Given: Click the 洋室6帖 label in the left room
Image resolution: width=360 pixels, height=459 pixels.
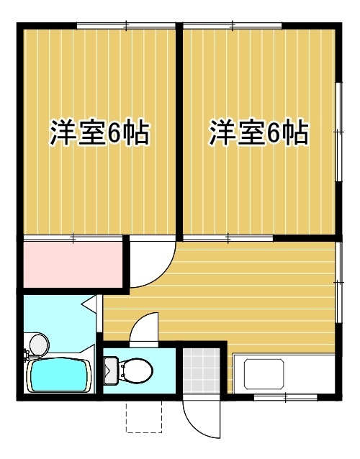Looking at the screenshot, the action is click(100, 133).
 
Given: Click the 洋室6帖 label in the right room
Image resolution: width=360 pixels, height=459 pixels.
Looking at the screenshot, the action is click(258, 133).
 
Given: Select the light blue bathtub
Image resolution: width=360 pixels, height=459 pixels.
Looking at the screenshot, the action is click(59, 375).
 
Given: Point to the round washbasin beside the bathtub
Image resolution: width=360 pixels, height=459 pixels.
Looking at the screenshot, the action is click(40, 345).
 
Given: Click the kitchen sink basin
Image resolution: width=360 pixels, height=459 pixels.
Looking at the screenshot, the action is click(264, 374).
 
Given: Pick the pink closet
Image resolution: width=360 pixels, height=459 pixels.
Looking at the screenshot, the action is click(73, 264).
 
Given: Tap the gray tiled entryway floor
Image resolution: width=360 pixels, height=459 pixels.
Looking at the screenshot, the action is click(201, 371).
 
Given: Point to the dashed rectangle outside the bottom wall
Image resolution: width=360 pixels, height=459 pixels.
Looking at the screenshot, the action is click(144, 417).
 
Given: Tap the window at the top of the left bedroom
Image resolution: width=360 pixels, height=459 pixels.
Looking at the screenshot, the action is click(126, 26).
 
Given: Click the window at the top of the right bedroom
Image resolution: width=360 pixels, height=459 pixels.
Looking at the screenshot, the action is click(233, 26).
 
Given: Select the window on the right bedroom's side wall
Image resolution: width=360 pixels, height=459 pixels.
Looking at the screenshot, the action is click(338, 132).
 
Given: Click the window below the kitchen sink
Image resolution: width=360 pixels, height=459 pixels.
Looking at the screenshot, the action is click(285, 397).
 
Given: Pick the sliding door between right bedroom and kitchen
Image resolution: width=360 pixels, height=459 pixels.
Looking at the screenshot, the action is click(228, 238).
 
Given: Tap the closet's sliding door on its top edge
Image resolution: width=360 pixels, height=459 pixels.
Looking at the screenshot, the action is click(73, 238).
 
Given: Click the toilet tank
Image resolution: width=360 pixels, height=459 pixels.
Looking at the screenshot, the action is click(112, 371).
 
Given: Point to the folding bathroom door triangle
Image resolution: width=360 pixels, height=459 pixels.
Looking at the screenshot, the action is click(89, 304).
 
